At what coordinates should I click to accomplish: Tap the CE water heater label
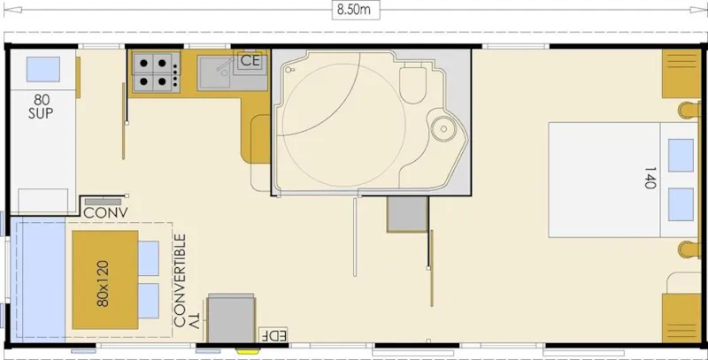coord(250,61)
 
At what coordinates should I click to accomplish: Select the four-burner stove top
coord(156,71)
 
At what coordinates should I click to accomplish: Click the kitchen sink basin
coord(213,73)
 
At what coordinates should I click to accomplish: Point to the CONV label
coord(106,212)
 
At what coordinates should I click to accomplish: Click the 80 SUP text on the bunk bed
coord(41,105)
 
